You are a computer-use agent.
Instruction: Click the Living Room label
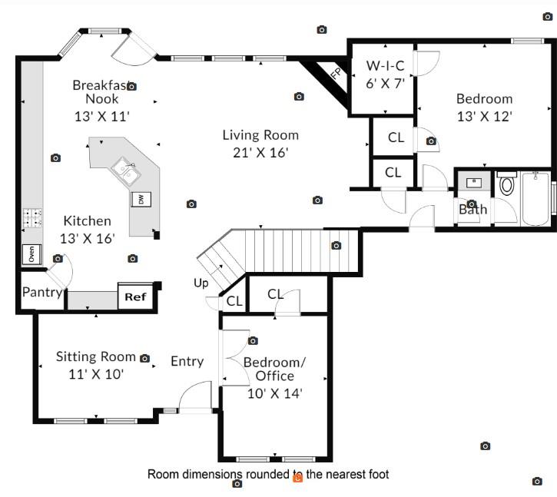[260, 135]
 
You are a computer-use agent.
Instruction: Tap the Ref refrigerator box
[135, 297]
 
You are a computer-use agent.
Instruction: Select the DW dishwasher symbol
[141, 199]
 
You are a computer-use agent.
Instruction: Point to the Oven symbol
[31, 253]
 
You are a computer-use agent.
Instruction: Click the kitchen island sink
[124, 169]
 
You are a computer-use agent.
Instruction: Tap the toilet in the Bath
[507, 184]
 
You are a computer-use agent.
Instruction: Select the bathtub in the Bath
[535, 200]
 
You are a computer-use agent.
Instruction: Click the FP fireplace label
[335, 74]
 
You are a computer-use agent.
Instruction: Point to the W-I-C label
[385, 65]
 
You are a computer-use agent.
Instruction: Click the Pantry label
[41, 292]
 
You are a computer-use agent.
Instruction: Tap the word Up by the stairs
[201, 283]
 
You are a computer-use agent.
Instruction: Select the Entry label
[187, 361]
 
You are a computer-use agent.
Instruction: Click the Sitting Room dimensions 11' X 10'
[96, 374]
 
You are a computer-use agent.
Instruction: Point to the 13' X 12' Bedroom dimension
[484, 116]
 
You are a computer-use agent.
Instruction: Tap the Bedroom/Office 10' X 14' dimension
[274, 393]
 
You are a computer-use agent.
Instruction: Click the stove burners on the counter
[31, 217]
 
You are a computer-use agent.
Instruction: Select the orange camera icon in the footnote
[298, 477]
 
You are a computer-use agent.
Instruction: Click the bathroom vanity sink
[473, 183]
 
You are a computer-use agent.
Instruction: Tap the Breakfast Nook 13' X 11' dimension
[102, 116]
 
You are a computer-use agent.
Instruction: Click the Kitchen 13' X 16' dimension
[88, 238]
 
